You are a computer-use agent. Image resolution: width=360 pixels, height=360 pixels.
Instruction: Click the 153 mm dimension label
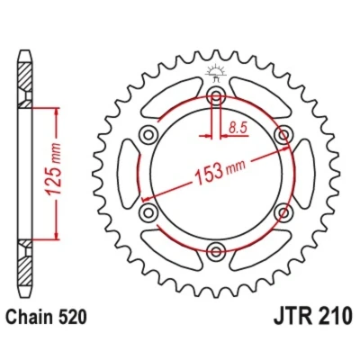point(220,172)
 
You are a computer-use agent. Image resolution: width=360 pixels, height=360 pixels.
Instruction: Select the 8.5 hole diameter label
point(238,128)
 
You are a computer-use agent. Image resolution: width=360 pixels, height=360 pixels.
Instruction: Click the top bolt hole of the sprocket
point(216,95)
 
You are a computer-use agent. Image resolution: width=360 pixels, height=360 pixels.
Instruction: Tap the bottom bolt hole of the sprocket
point(216,251)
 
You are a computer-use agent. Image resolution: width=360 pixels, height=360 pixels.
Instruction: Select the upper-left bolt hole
point(148,135)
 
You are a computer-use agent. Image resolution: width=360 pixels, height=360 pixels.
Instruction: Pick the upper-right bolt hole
point(283,135)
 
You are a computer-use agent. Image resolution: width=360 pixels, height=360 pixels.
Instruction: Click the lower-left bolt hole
point(148,212)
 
